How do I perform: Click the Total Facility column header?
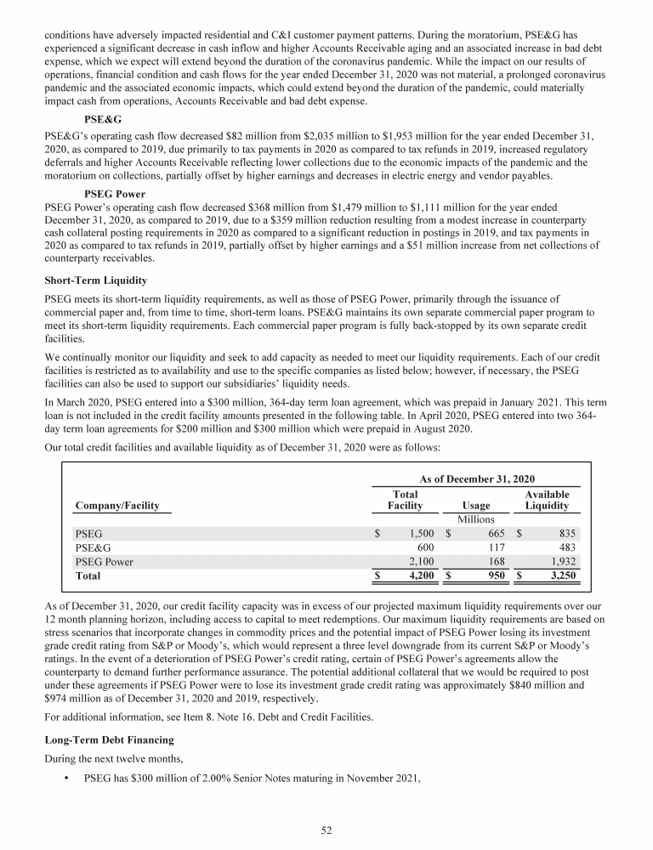[x=405, y=500]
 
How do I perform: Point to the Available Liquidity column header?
[x=547, y=500]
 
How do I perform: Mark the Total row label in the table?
[x=88, y=576]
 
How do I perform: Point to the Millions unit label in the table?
[x=476, y=519]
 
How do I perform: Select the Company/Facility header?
[x=117, y=506]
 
